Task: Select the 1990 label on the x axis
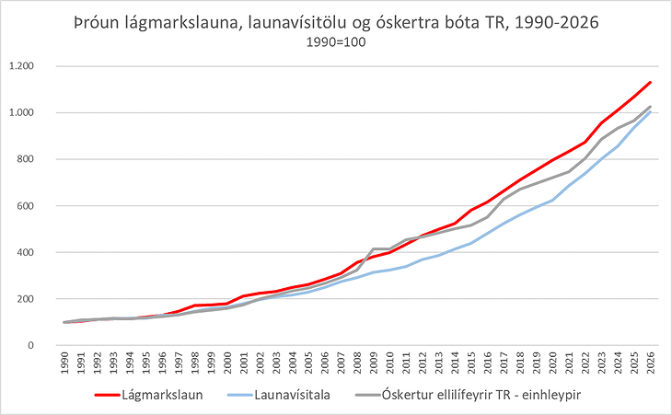click(65, 364)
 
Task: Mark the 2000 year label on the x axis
click(228, 364)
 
